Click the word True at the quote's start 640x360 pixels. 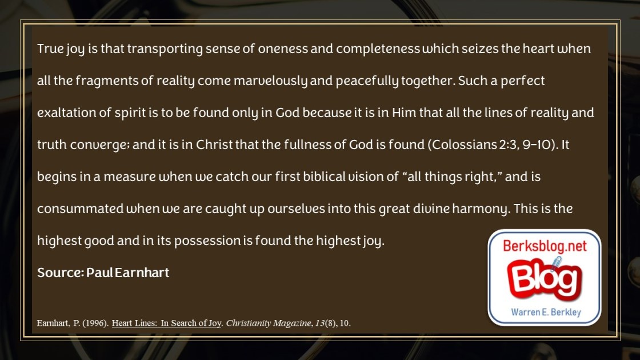point(50,49)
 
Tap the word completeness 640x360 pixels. point(378,49)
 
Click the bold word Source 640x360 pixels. point(61,273)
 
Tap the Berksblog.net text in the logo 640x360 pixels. point(545,246)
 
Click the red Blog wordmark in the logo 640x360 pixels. point(545,278)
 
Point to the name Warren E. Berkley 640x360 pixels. point(546,312)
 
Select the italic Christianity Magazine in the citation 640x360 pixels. point(269,323)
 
